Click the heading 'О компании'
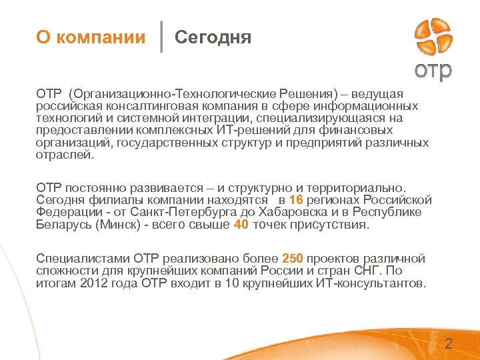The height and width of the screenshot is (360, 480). click(x=91, y=37)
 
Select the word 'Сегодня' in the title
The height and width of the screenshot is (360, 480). click(x=213, y=37)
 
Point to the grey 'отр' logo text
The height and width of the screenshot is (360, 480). click(x=433, y=70)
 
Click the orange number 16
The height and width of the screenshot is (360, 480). click(x=297, y=200)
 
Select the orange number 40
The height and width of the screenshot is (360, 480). click(x=241, y=225)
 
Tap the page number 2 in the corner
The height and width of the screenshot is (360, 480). click(x=448, y=345)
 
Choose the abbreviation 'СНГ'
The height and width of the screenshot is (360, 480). click(x=373, y=271)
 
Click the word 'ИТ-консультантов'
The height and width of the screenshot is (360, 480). click(x=371, y=283)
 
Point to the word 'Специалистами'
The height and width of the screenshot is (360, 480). click(x=82, y=259)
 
